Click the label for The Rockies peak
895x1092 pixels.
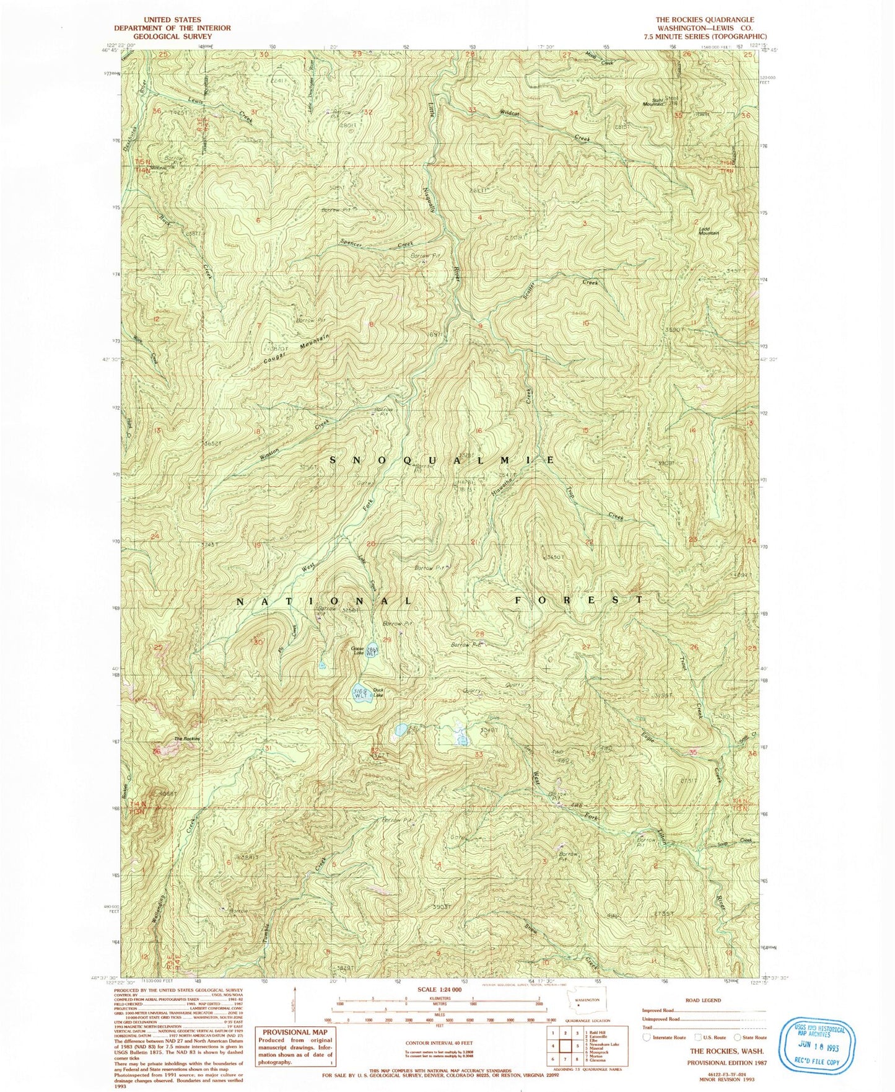tap(186, 739)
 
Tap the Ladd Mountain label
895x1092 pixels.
tap(708, 230)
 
